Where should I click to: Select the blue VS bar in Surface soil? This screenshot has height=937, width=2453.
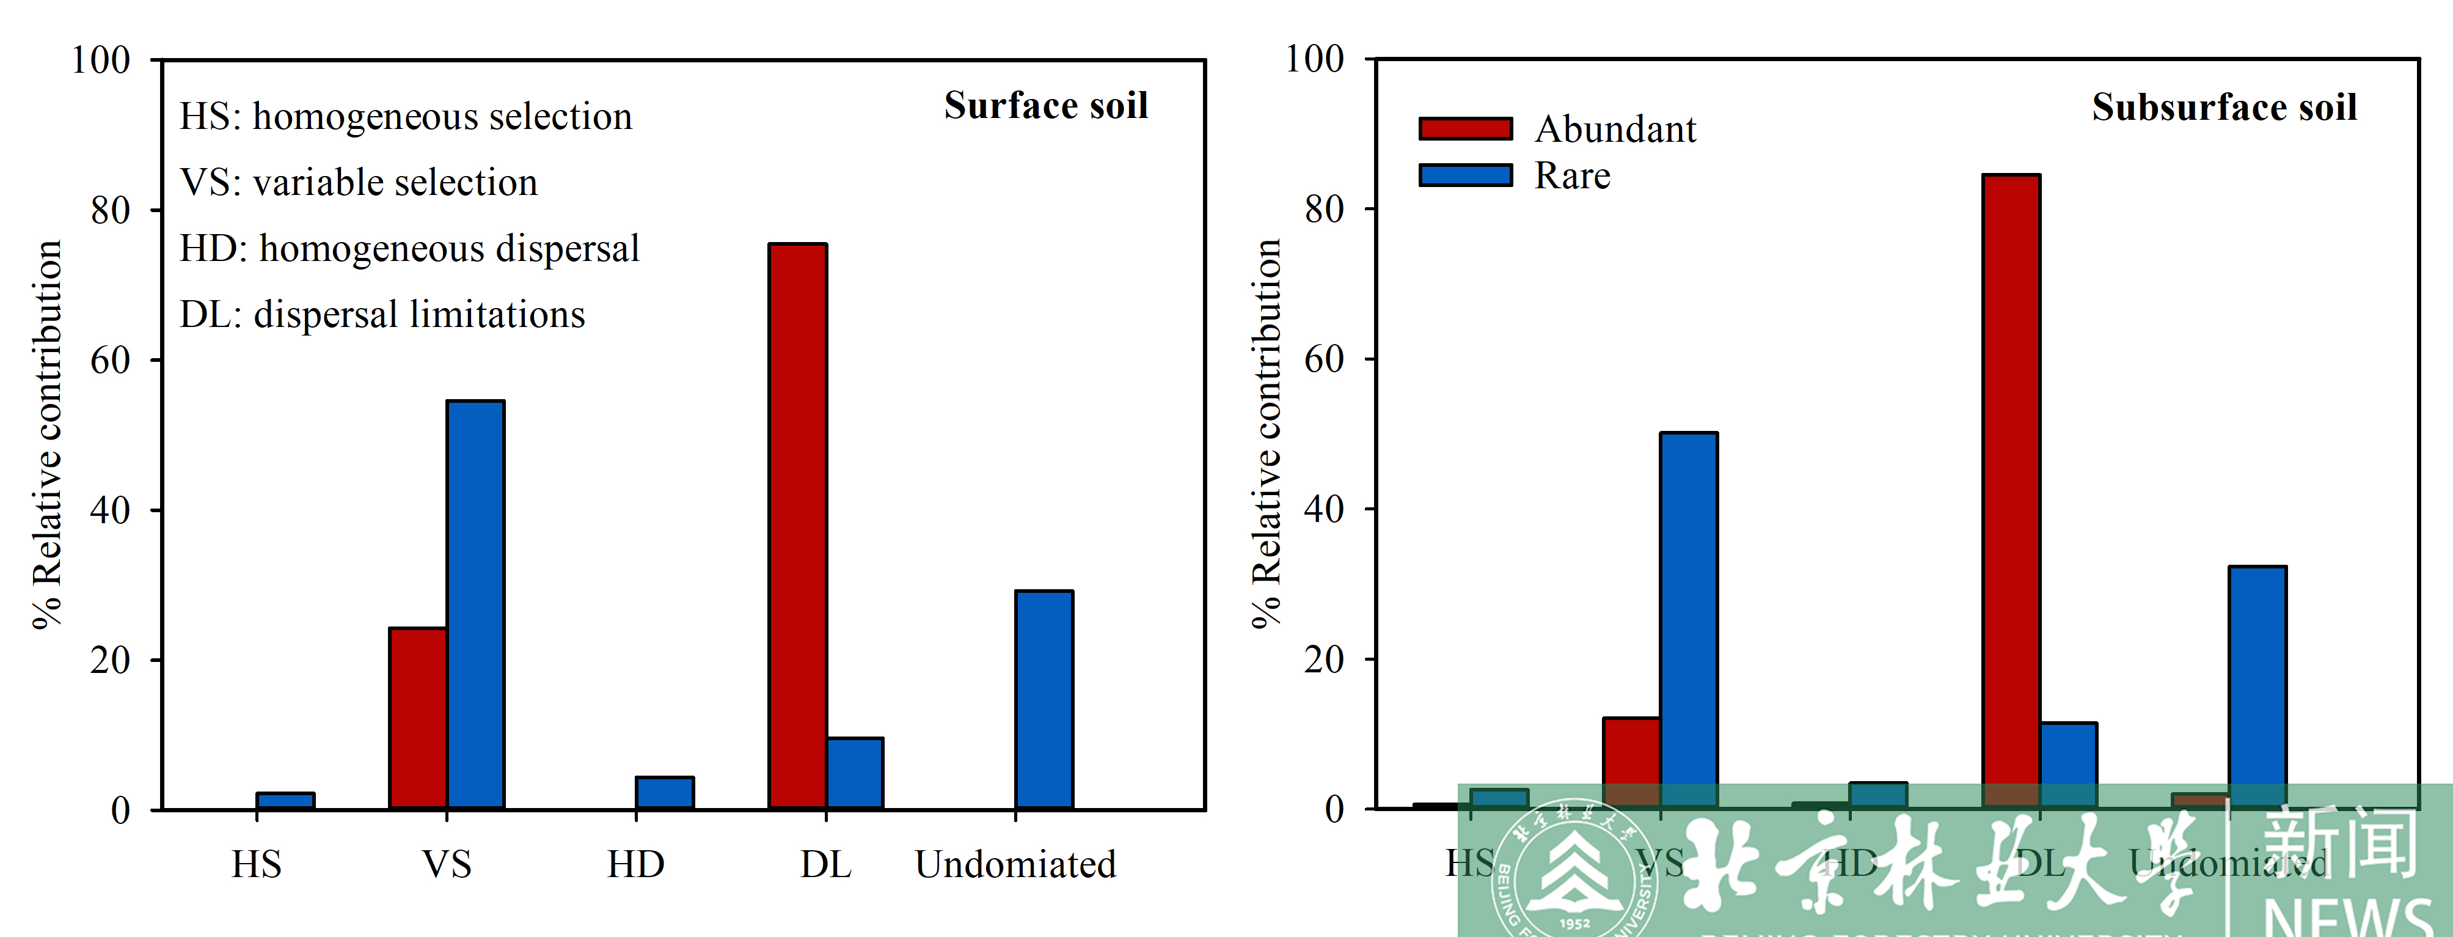(475, 604)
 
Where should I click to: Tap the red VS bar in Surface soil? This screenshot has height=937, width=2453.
(418, 719)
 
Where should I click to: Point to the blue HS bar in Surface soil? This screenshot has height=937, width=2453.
(285, 801)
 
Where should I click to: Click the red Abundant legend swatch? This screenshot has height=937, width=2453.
(1464, 128)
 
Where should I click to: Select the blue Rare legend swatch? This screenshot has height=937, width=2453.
(1464, 175)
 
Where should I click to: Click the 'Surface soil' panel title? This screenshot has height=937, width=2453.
(1045, 106)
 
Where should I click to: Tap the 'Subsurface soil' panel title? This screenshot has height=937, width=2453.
(2223, 108)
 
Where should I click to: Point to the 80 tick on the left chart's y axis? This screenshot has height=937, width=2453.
(111, 210)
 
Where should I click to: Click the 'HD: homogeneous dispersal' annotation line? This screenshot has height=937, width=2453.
(409, 249)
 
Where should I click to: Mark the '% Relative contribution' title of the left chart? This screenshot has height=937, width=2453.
(48, 434)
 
